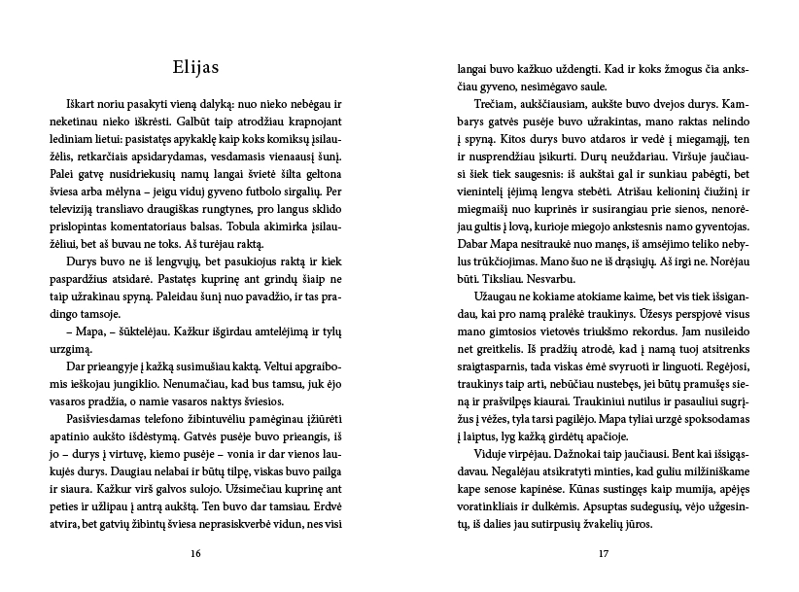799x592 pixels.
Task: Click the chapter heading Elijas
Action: pyautogui.click(x=197, y=68)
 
